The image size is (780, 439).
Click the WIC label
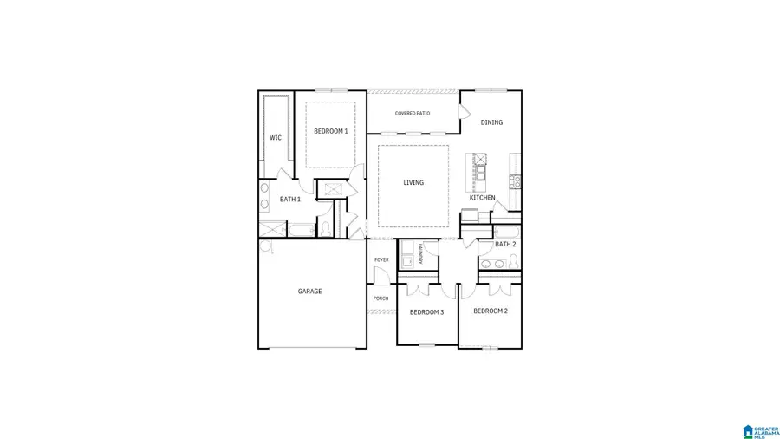275,137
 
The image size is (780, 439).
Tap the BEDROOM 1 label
330,131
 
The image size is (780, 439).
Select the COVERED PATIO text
413,114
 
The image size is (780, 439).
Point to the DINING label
491,122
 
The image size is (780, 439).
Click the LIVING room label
413,182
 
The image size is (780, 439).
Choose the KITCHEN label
483,198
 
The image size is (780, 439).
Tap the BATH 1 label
289,200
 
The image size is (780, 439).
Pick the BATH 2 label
505,245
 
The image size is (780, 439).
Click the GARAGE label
309,292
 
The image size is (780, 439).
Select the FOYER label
381,260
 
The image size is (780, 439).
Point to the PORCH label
380,298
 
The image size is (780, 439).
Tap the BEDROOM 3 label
426,312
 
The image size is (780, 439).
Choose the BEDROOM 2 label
490,311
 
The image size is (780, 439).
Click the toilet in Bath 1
323,227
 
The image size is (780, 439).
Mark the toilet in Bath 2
512,263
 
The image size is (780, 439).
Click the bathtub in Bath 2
506,231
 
